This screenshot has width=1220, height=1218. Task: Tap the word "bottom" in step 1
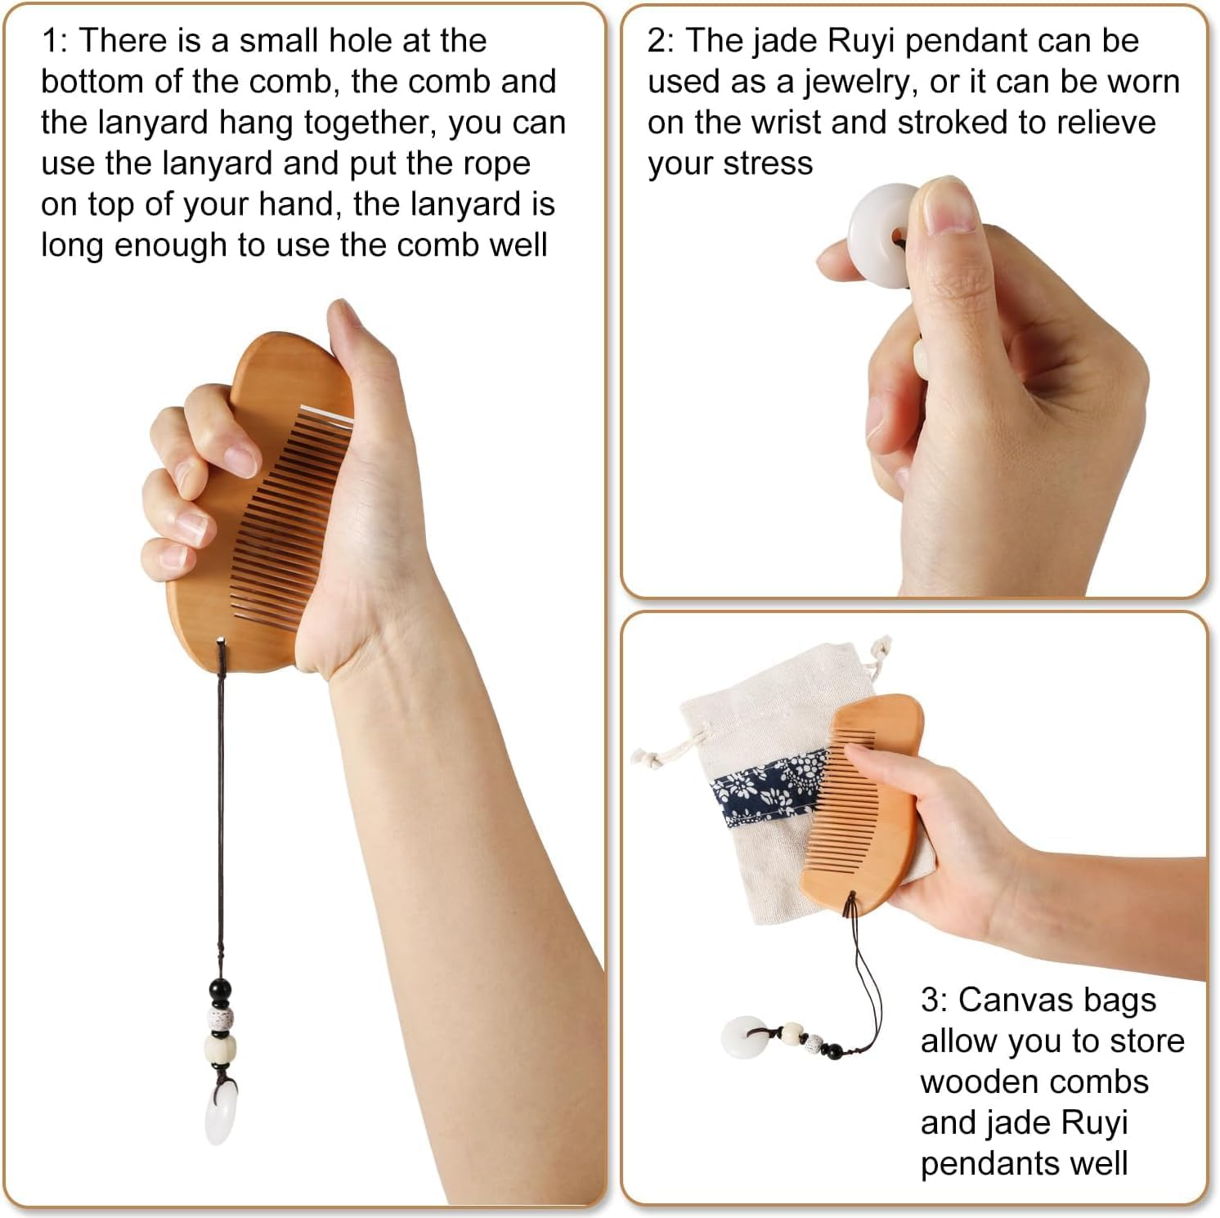[92, 82]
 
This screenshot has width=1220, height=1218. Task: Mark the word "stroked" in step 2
[953, 123]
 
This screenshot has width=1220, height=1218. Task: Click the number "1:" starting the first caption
[56, 41]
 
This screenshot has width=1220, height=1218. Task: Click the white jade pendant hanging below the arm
[220, 1110]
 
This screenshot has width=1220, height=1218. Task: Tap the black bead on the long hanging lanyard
[220, 990]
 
